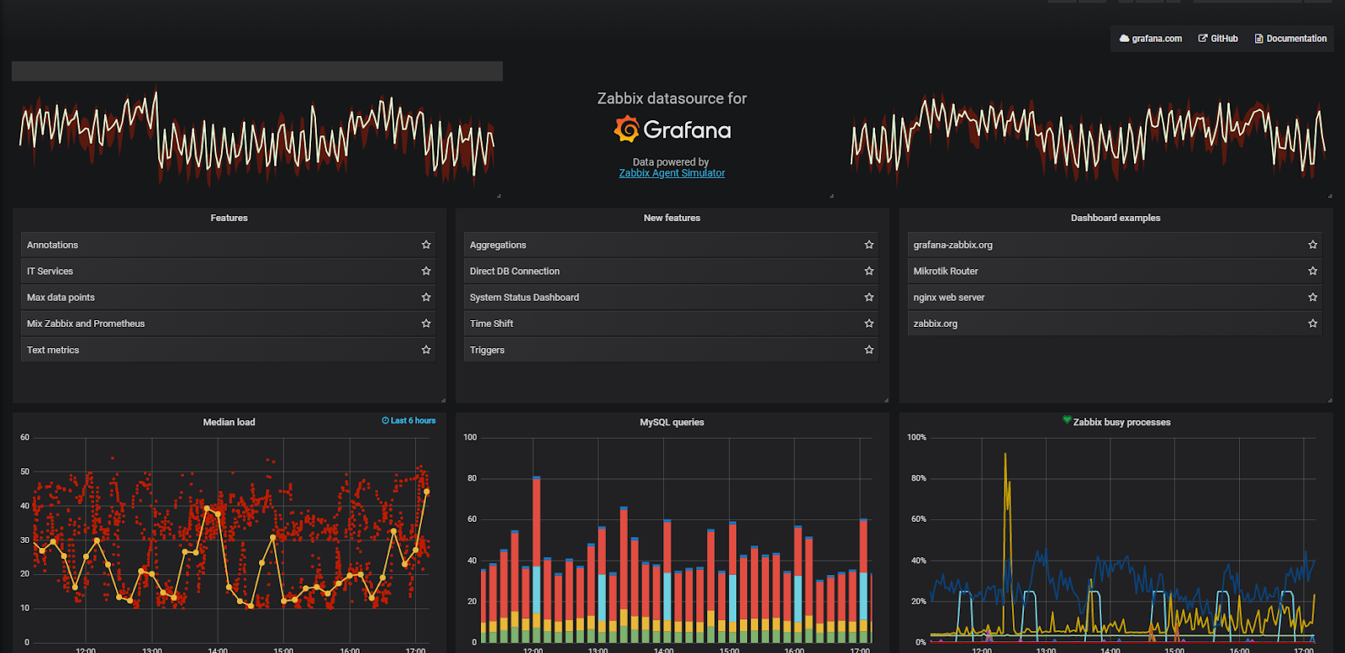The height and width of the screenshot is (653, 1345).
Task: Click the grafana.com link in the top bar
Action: point(1151,39)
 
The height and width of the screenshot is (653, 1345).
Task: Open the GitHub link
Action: point(1218,39)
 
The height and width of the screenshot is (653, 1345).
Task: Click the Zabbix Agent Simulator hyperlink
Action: point(672,173)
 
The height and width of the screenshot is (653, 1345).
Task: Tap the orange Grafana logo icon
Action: point(626,129)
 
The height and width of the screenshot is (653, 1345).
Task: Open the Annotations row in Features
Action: point(52,245)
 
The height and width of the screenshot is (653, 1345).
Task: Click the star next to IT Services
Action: point(426,271)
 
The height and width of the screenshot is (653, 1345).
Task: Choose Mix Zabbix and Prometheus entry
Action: point(86,324)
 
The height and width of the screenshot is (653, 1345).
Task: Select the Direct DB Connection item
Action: point(514,271)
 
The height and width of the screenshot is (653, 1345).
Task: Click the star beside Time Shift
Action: point(869,324)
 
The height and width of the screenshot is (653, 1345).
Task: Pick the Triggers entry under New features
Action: point(487,350)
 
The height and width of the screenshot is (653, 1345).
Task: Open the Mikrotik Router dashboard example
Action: point(946,271)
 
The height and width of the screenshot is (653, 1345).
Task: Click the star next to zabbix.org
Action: point(1312,324)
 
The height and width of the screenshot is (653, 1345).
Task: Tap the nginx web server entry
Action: point(949,298)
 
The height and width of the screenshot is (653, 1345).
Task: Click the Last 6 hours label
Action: point(409,420)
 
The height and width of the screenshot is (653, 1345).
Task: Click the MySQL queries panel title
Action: point(672,422)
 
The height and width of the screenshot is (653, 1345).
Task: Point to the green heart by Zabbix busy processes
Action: point(1067,420)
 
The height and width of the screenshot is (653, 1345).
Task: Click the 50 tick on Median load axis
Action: point(25,471)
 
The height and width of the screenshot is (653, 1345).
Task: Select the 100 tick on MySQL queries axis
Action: point(470,437)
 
